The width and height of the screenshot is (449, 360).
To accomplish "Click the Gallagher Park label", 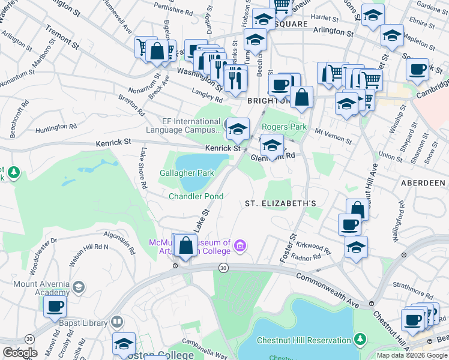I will (x=187, y=173).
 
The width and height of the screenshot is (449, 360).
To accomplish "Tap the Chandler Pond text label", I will (x=196, y=196).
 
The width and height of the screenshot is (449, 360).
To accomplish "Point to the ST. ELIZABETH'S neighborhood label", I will (x=280, y=203).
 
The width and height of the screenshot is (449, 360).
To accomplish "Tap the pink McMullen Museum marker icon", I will (x=241, y=245).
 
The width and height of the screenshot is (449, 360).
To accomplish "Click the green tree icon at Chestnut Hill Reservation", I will (x=360, y=340).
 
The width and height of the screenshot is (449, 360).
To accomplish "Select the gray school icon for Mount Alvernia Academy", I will (x=78, y=287).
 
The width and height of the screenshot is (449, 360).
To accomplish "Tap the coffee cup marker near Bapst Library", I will (x=55, y=307).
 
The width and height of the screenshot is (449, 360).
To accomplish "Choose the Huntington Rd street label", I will (x=56, y=127).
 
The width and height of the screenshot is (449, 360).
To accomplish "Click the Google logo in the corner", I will (x=19, y=353).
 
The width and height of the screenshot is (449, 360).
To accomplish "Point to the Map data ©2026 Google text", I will (x=411, y=355).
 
